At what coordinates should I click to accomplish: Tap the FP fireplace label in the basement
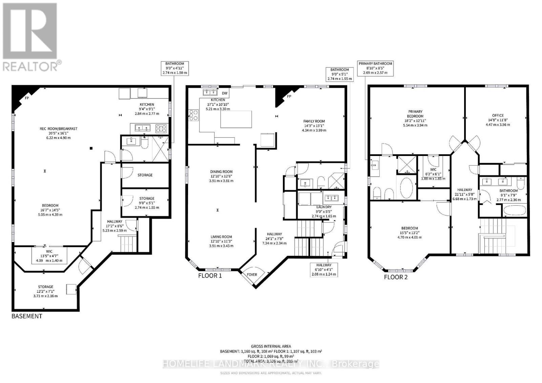click(27, 98)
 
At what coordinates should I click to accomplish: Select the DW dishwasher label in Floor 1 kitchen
click(225, 93)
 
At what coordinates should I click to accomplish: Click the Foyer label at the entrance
click(252, 275)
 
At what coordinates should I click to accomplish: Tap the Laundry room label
click(324, 207)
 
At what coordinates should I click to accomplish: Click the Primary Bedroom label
click(415, 114)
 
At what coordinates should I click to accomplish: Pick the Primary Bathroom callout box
click(375, 68)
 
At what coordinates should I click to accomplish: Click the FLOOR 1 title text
click(210, 275)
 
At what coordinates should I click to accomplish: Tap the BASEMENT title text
click(27, 316)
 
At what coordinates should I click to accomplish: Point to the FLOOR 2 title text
click(396, 277)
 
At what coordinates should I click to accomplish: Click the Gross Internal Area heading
click(271, 346)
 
